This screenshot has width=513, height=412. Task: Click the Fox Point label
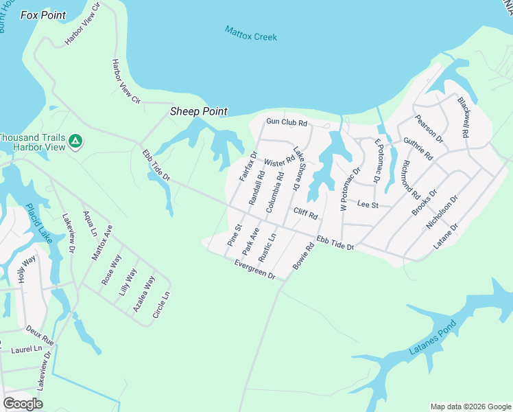43,15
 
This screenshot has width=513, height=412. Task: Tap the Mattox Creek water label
251,34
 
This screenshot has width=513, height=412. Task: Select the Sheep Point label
199,112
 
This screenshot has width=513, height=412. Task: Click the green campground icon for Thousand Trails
75,142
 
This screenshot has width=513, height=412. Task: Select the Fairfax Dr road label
248,165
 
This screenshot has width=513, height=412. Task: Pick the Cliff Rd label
306,214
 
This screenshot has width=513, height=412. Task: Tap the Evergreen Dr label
254,269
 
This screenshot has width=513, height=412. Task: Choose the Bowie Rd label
302,255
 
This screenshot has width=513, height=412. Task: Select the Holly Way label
26,269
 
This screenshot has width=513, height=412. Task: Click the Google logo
23,403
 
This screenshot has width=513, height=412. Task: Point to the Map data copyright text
470,407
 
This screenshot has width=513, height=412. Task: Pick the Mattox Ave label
102,242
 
